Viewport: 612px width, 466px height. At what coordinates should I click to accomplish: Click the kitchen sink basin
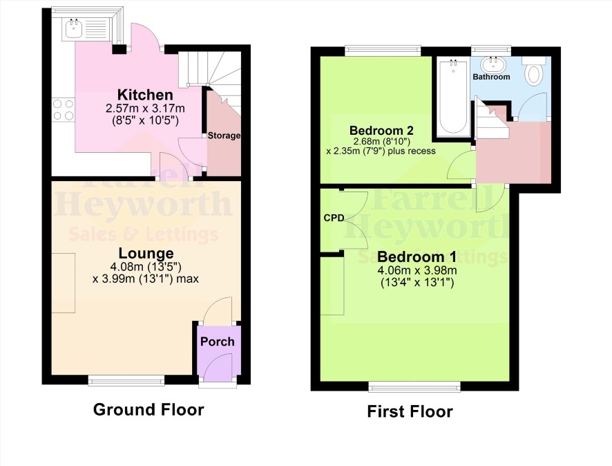(x=73, y=28)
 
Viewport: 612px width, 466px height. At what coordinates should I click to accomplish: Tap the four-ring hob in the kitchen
(x=64, y=110)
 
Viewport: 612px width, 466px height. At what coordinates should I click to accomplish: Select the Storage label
(x=224, y=136)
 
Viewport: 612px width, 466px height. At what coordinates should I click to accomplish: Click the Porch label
(x=218, y=342)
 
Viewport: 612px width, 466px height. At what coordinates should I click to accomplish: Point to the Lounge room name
(x=146, y=254)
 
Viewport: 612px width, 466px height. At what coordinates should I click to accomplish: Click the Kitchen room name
(x=145, y=95)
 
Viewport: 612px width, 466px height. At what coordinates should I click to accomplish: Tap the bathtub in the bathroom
(x=453, y=97)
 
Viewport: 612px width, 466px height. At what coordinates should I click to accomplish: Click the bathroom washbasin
(x=493, y=64)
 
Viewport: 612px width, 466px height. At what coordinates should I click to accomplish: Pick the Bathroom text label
(x=491, y=77)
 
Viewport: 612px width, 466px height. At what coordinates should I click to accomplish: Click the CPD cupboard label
(x=334, y=218)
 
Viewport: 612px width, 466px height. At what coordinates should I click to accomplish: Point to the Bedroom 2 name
(x=381, y=131)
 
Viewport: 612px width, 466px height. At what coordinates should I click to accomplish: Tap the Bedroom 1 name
(x=417, y=257)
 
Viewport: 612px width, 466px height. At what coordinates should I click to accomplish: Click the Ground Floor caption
(x=149, y=410)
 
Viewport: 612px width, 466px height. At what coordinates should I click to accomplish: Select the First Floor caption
(x=410, y=411)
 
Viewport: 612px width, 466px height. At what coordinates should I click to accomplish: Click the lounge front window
(x=126, y=380)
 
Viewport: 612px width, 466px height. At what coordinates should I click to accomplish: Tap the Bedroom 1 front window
(x=414, y=386)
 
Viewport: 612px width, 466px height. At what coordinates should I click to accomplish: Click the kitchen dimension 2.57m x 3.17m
(x=145, y=108)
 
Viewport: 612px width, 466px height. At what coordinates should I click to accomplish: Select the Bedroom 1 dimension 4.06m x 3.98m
(x=417, y=270)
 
